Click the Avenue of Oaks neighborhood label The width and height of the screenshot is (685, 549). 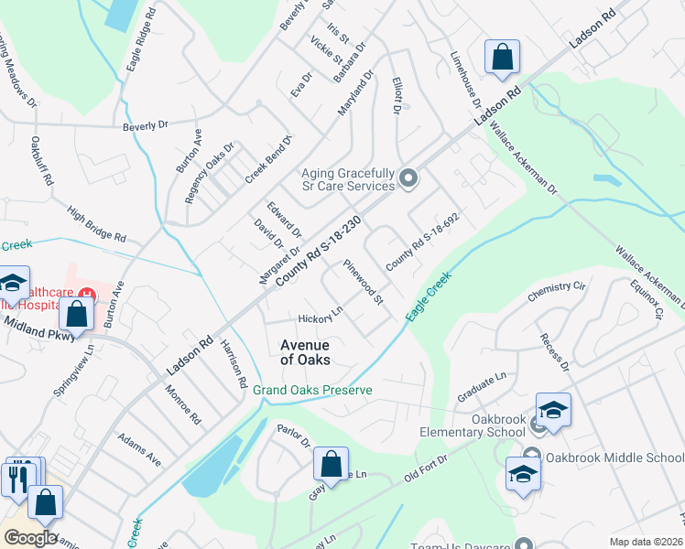pyautogui.click(x=305, y=352)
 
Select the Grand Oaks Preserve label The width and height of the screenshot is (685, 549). pyautogui.click(x=312, y=390)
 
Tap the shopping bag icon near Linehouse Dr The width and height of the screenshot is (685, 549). pyautogui.click(x=502, y=57)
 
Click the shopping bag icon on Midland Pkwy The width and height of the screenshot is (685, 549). pyautogui.click(x=77, y=314)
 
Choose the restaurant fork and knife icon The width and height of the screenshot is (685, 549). pyautogui.click(x=17, y=478)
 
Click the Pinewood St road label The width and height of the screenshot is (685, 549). pyautogui.click(x=364, y=282)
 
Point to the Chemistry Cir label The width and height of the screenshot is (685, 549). pyautogui.click(x=556, y=291)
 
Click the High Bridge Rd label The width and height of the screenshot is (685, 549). pyautogui.click(x=96, y=223)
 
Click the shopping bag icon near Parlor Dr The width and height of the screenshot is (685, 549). pyautogui.click(x=331, y=464)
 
